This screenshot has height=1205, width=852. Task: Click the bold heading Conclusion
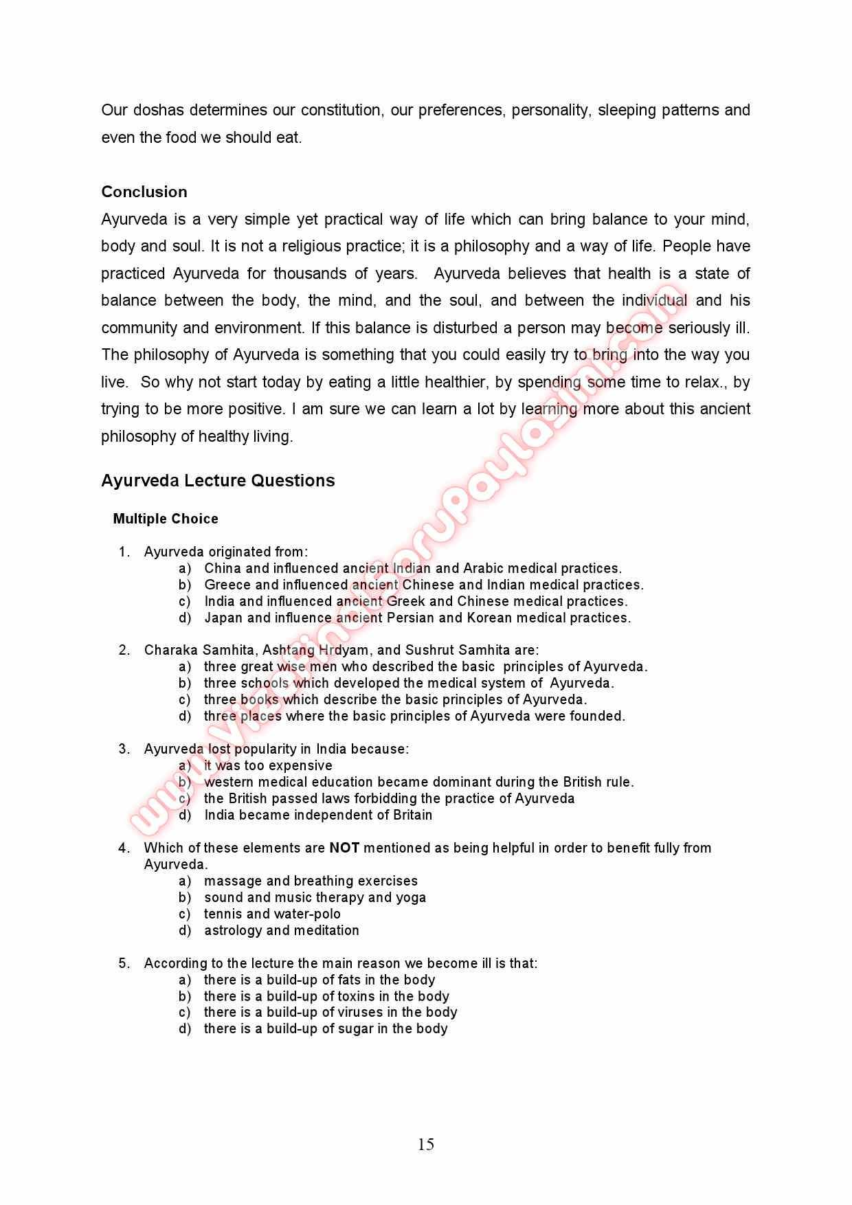point(144,192)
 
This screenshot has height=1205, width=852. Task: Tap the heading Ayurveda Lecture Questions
point(218,480)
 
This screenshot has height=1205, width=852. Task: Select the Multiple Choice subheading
point(166,519)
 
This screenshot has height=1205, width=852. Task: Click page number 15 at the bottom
point(425,1144)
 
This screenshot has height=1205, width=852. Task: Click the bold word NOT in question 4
point(344,848)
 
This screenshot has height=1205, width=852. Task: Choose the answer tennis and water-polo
point(272,914)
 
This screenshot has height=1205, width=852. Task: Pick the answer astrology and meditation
point(281,930)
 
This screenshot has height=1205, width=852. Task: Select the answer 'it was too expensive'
point(268,765)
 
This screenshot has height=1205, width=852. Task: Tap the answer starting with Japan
point(417,618)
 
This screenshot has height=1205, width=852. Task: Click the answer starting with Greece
point(423,585)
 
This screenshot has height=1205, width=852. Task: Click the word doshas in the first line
point(159,110)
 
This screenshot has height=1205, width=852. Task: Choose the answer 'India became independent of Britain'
point(318,815)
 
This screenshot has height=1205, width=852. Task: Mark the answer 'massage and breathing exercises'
point(311,881)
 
